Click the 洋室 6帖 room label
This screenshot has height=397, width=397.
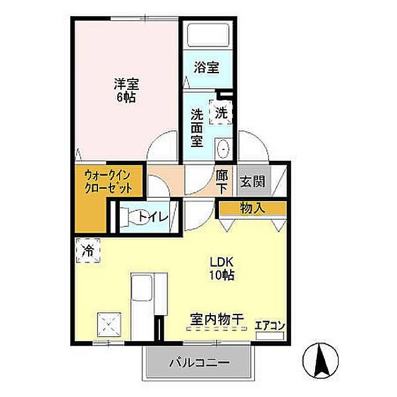(127, 91)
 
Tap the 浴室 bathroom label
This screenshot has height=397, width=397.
(207, 68)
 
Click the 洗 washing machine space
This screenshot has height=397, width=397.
(221, 112)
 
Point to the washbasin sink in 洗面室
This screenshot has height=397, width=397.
(223, 149)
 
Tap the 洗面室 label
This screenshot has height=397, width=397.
(197, 128)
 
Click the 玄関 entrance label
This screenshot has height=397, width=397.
(252, 181)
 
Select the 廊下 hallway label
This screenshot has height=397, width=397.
(222, 182)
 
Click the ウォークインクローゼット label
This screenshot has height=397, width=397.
(108, 182)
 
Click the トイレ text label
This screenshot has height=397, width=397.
(153, 216)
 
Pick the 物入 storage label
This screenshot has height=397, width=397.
(252, 208)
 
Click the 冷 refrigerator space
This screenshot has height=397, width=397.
(88, 251)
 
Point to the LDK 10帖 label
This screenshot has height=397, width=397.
(221, 269)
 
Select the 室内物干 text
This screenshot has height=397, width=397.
(217, 319)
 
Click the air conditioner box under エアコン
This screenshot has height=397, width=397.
(270, 336)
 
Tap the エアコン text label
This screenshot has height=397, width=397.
(270, 326)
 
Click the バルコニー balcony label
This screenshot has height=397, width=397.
(200, 363)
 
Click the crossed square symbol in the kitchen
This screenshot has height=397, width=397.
(109, 324)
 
